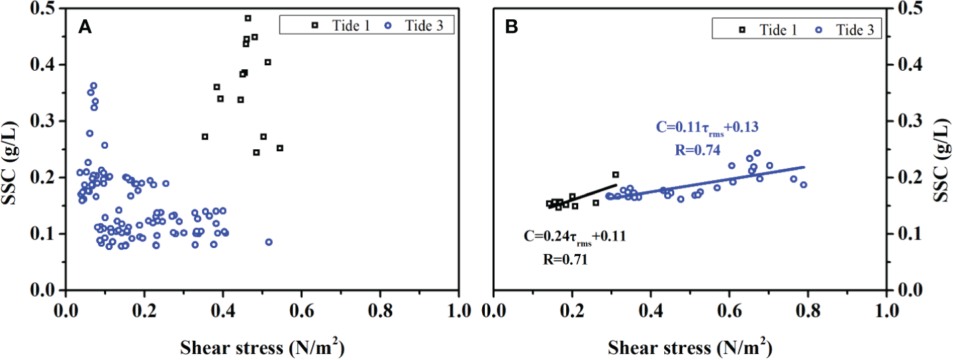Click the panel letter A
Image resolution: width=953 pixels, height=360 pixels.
click(85, 27)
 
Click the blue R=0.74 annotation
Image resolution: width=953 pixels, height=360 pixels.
click(696, 151)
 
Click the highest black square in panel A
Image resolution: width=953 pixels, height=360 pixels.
click(248, 18)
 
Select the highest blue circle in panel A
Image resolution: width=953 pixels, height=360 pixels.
click(93, 85)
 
